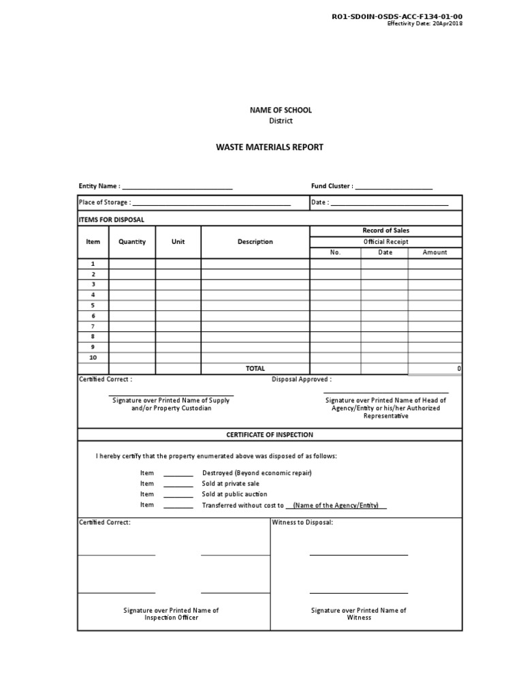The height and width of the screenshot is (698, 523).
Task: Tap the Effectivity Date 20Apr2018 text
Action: pos(425,24)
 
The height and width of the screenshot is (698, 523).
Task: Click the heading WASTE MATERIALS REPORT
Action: pos(270,147)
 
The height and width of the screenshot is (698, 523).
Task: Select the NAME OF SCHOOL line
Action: pos(270,110)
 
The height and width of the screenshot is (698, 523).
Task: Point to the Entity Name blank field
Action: pos(177,187)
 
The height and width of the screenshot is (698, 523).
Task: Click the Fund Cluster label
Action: pos(332,186)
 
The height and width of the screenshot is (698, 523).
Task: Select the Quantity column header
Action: pos(132,242)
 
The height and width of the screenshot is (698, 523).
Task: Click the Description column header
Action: pos(255,242)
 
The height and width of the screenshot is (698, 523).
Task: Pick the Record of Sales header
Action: pos(386,230)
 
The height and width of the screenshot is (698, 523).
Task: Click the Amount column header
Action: pos(434,252)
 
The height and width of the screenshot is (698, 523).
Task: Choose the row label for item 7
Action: pos(93,326)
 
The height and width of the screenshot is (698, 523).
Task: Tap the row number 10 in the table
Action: pos(93,358)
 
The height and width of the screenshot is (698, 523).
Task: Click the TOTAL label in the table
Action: pos(255,368)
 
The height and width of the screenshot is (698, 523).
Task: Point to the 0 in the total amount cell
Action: pos(459,368)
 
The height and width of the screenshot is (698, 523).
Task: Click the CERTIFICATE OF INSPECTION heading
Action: pos(270,434)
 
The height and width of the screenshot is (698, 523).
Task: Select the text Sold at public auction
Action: pos(235,494)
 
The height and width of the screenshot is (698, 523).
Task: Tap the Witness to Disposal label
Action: pos(302,522)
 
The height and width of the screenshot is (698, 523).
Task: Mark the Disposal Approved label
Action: pos(302,379)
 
